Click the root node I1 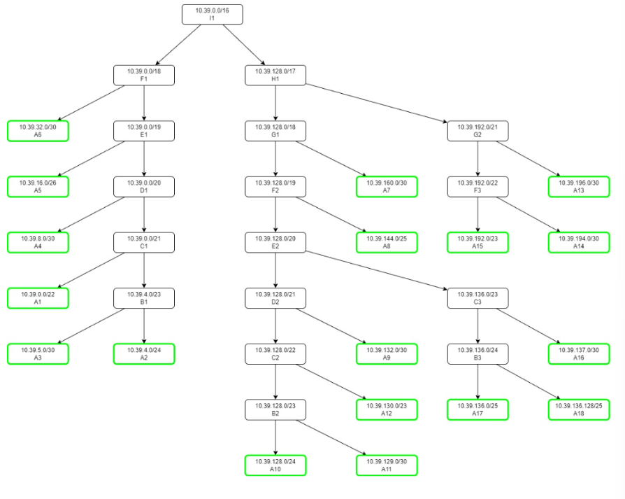pos(213,15)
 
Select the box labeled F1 pos(144,75)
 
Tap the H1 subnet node pos(275,75)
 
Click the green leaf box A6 pos(38,131)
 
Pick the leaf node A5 pos(38,186)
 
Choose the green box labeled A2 pos(144,353)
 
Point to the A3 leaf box pos(38,353)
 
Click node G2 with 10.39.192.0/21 pos(478,131)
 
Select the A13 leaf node pos(578,186)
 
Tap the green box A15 pos(478,242)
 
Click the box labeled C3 pos(478,298)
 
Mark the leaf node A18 pos(578,409)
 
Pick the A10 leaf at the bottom pos(275,465)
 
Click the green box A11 pos(387,465)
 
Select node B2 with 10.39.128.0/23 pos(275,409)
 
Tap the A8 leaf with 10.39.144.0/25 pos(387,242)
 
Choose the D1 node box pos(144,186)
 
